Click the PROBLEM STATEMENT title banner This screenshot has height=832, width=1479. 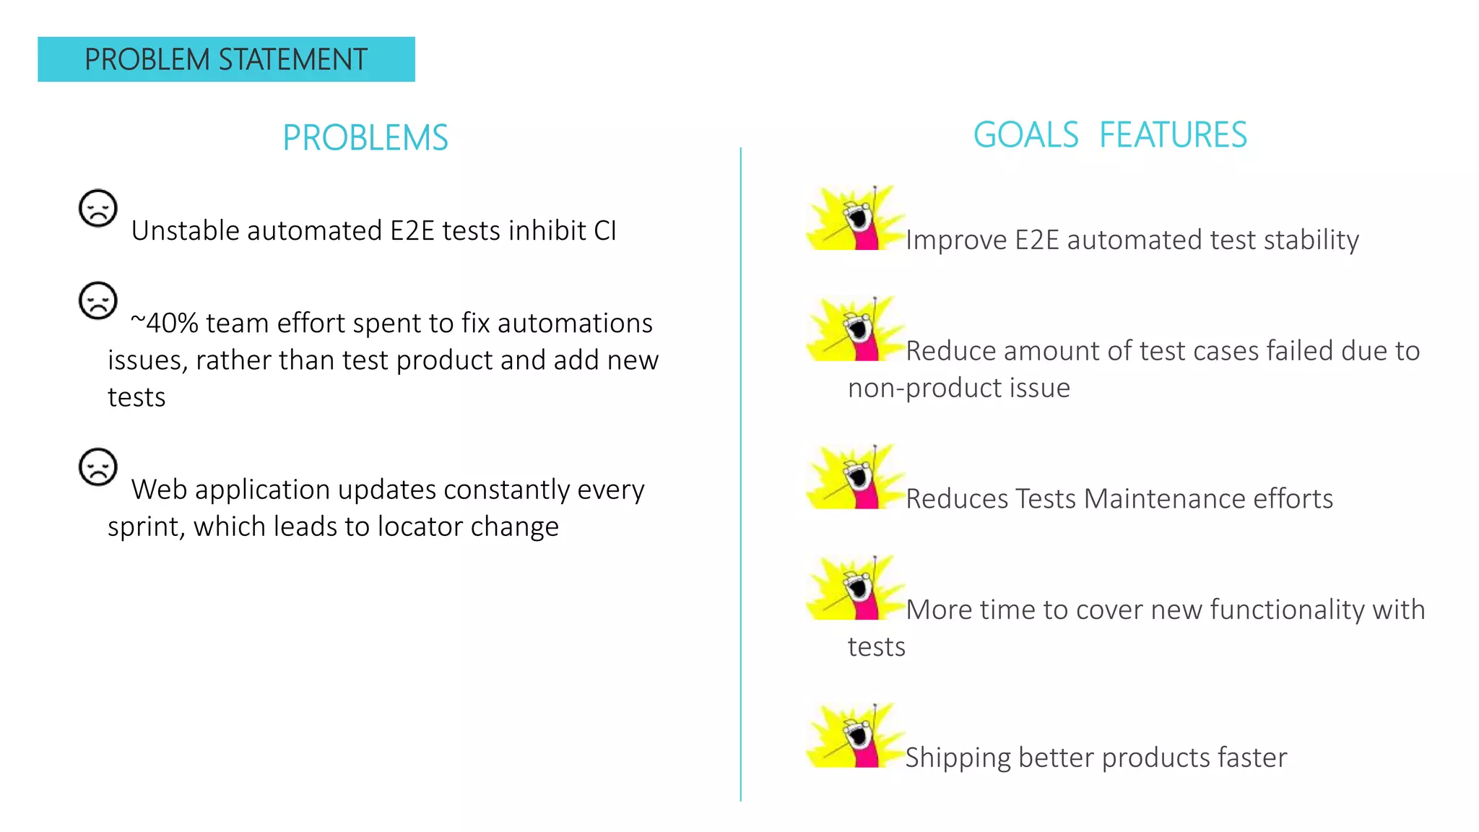226,59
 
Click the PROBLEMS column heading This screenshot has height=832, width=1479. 365,138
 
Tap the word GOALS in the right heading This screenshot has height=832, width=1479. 1025,135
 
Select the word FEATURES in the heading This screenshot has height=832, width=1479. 1173,135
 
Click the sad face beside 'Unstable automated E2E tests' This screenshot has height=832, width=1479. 98,209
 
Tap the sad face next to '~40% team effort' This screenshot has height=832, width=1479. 98,300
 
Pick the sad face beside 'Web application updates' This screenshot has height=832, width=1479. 98,467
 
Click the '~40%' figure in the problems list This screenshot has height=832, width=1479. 165,324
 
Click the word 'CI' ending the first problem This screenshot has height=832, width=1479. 605,231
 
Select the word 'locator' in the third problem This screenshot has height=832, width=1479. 420,526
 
